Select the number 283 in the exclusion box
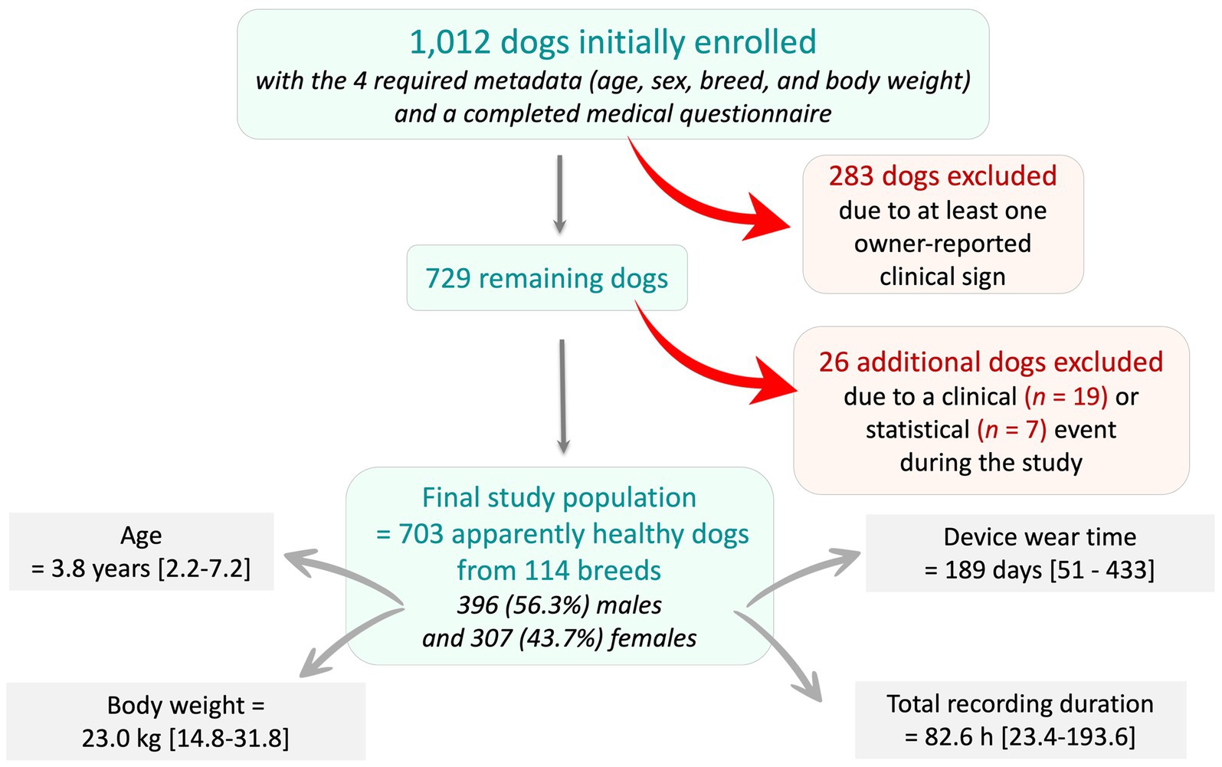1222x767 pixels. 850,176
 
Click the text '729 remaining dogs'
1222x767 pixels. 546,278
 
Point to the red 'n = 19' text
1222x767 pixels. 1066,397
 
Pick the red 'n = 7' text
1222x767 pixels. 1011,430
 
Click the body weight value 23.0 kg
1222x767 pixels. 123,739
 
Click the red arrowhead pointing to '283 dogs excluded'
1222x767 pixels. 766,220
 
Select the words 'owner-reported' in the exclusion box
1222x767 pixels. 942,244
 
